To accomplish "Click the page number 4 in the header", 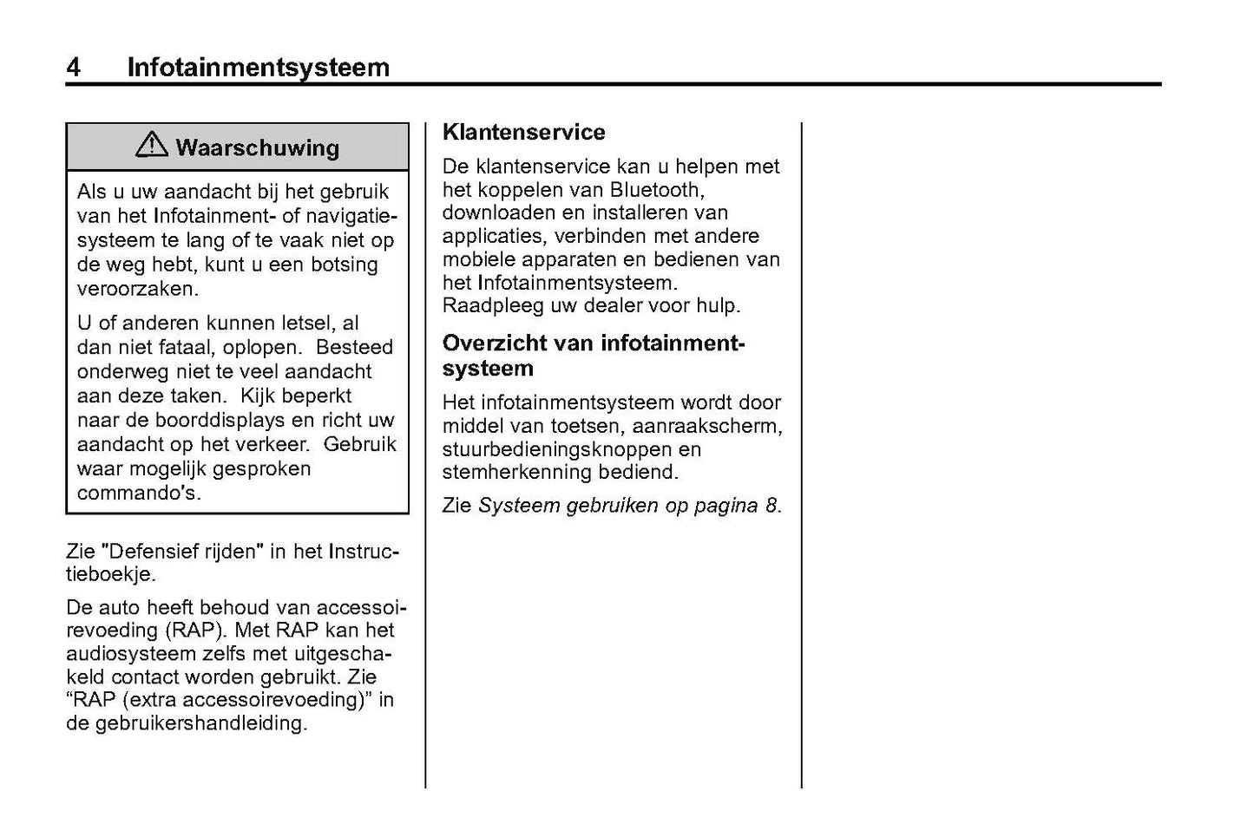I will coord(74,68).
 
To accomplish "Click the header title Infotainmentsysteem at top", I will coord(258,68).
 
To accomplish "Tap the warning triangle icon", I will coord(152,145).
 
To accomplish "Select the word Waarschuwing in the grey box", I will coord(257,147).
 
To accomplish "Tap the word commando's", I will coord(139,493).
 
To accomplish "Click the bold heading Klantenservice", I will coord(523,132).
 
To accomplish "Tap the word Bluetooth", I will coord(656,189).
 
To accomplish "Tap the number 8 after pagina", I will coord(771,506).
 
